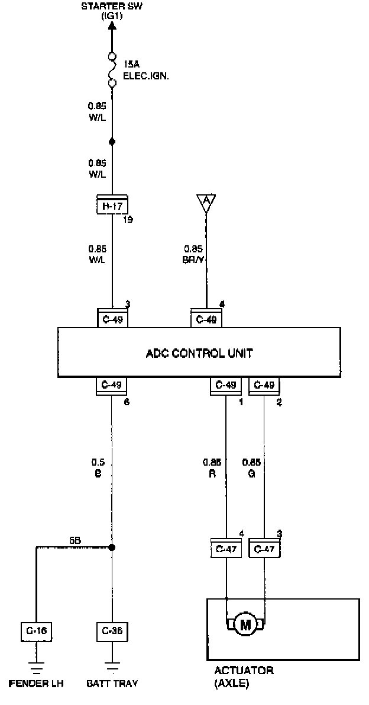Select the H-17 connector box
[x=112, y=206]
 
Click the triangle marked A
[x=206, y=203]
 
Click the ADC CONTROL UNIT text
[x=199, y=354]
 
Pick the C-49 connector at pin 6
[x=112, y=386]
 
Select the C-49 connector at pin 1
[x=226, y=386]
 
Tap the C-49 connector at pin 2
[x=264, y=386]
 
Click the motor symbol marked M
[x=245, y=624]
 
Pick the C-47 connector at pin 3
[x=264, y=549]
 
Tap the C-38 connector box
[x=112, y=632]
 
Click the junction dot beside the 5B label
[x=112, y=547]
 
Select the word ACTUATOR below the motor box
[x=244, y=671]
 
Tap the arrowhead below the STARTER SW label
[x=112, y=25]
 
